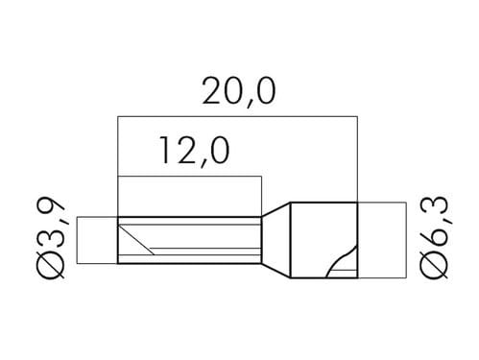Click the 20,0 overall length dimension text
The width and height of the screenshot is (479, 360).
coord(239,91)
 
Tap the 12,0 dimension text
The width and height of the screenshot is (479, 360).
coord(195,151)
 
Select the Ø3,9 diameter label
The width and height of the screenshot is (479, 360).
coord(52,238)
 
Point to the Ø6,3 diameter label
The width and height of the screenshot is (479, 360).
coord(434,238)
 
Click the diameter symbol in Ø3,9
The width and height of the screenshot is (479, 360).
coord(52,263)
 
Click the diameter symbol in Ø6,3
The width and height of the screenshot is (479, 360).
coord(434,264)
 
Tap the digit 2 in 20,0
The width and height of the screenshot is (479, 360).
coord(212,91)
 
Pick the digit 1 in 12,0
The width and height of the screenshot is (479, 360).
coord(165,151)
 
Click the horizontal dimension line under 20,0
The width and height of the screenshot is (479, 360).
coord(237,116)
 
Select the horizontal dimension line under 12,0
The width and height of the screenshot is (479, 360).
coord(190,177)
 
